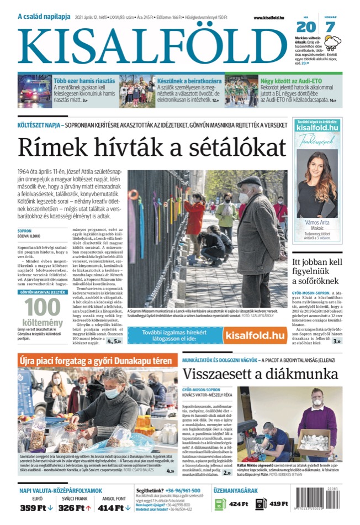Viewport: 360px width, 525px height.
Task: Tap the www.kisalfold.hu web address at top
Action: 269,18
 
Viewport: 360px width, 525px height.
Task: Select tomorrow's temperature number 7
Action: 330,26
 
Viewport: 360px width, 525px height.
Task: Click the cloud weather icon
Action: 332,43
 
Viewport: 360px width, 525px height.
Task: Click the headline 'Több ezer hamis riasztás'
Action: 83,81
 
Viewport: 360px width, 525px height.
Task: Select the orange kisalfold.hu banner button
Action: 255,335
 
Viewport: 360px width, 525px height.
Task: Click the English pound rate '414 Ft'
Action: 113,507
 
